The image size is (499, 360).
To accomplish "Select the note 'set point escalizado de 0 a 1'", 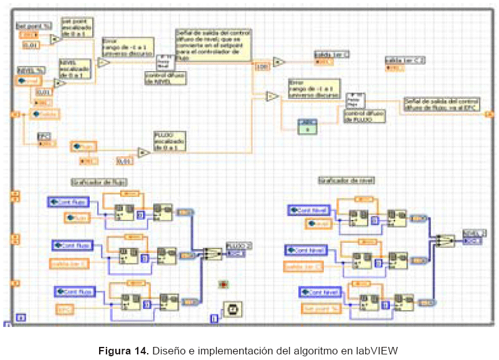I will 77,27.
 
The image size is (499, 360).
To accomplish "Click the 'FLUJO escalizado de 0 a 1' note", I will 171,140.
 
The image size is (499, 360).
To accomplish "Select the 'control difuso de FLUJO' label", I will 364,116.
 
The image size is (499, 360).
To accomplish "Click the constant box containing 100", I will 261,66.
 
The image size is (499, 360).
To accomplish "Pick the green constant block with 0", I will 308,125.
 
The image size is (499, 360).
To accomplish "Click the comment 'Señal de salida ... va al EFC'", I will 441,104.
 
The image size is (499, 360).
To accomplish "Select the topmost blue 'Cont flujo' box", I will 69,202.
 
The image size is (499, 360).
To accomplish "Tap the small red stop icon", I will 222,284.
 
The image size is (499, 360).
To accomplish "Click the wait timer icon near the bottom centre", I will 232,309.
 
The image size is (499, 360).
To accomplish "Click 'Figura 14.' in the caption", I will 123,349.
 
